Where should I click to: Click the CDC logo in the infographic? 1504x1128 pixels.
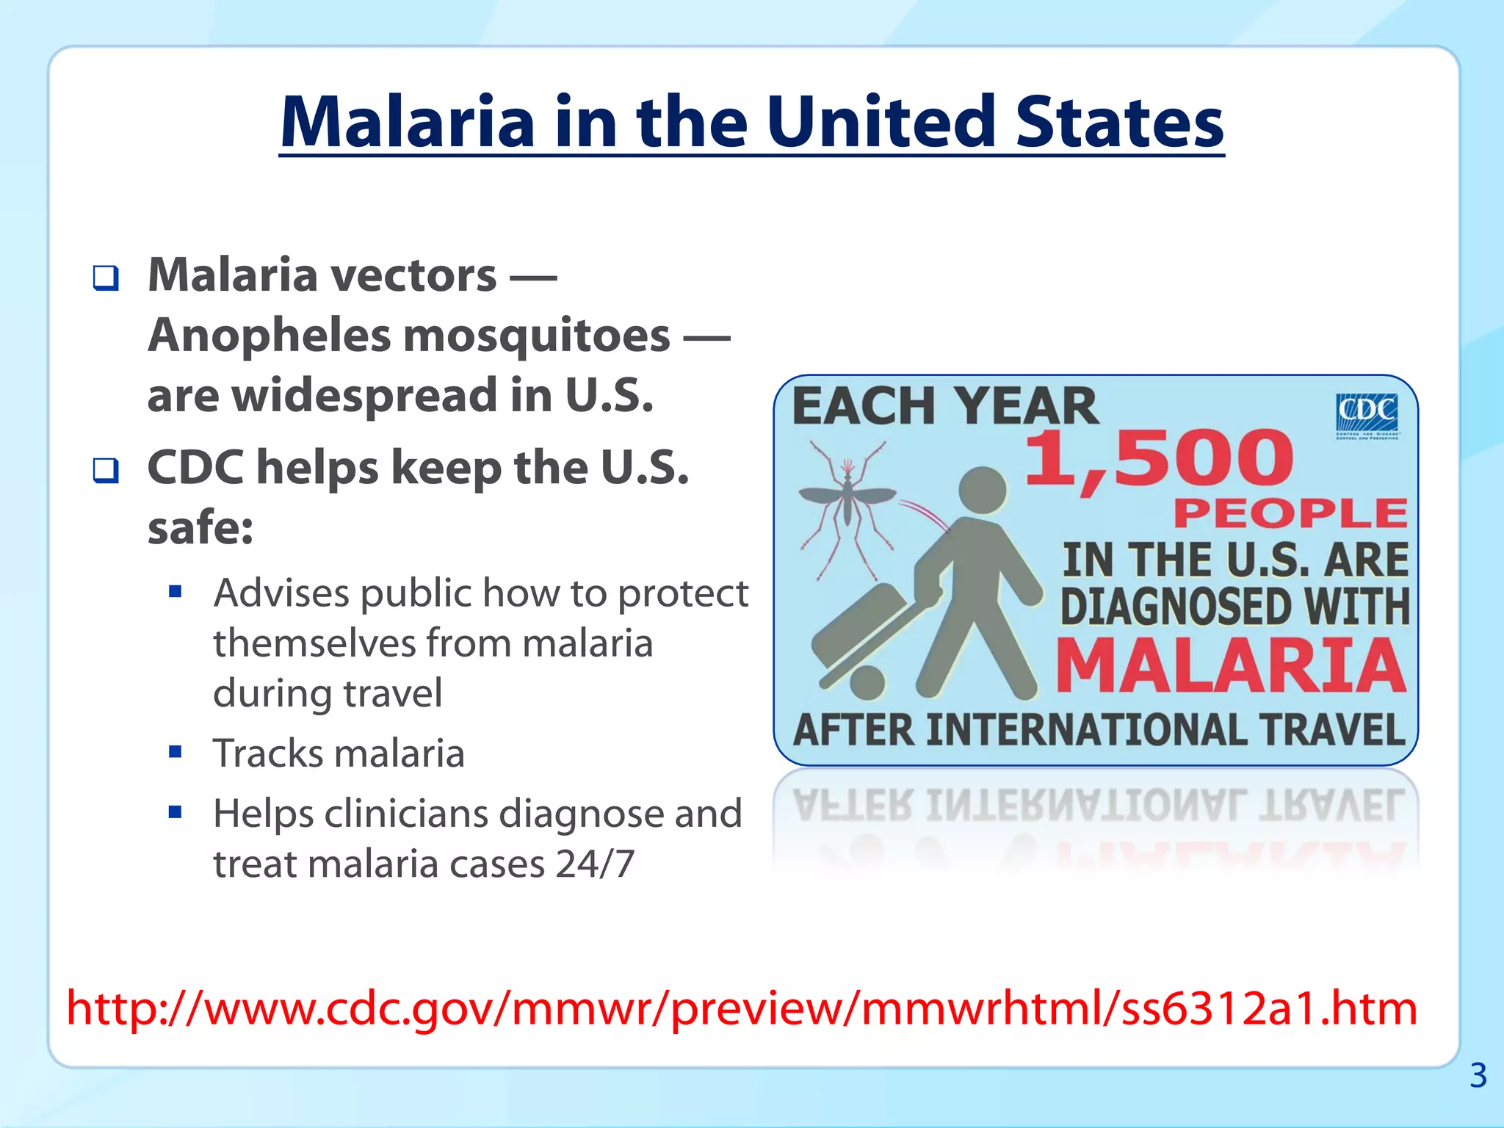[x=1366, y=413]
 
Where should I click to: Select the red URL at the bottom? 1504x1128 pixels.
[x=742, y=1008]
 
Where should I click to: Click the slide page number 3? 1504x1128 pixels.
[x=1478, y=1076]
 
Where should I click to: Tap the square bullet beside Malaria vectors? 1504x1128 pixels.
[x=106, y=278]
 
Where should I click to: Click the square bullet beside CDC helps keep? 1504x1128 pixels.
[x=106, y=470]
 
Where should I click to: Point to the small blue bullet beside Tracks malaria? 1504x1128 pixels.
[x=175, y=751]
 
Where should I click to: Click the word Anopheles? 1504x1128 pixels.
[x=269, y=336]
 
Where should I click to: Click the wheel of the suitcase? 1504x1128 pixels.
[x=867, y=683]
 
